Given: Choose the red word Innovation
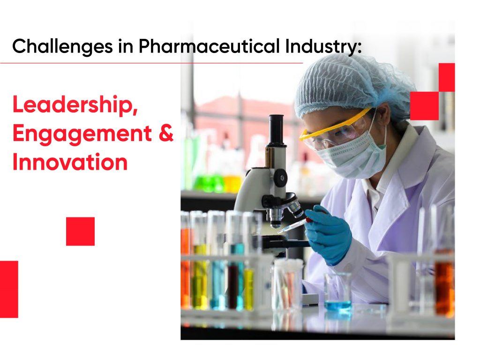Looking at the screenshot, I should [69, 162].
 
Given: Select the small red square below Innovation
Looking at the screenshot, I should [80, 231].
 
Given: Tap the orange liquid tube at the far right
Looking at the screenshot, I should [443, 286].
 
